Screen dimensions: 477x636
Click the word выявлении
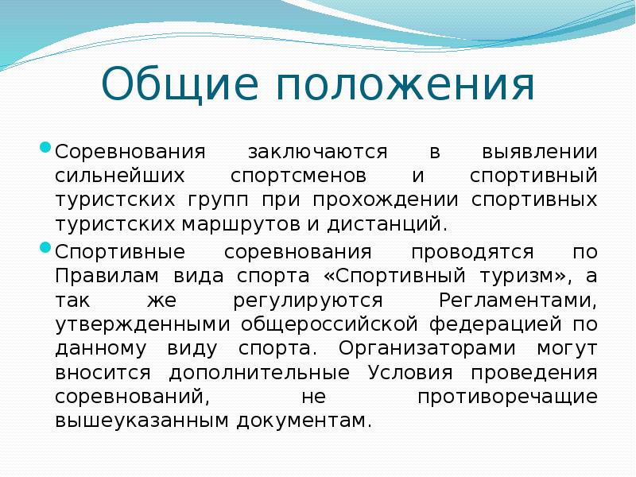(540, 151)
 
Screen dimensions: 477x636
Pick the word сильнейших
(110, 175)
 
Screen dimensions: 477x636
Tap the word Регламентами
(518, 301)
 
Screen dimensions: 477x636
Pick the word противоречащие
(507, 396)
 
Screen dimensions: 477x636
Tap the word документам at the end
(302, 420)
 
